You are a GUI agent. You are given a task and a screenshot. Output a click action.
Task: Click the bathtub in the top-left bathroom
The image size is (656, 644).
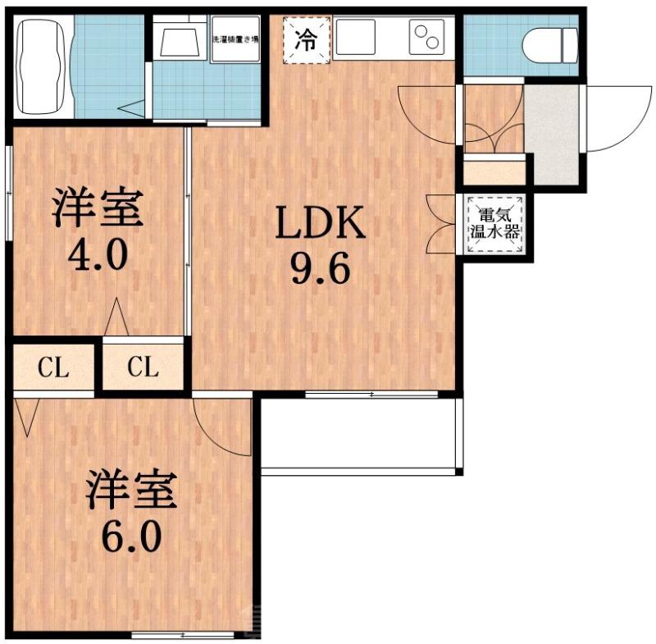click(42, 67)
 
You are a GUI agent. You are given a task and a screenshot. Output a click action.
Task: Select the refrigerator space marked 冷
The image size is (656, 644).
click(305, 39)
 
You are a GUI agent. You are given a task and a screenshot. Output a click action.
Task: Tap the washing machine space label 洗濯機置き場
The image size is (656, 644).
click(235, 38)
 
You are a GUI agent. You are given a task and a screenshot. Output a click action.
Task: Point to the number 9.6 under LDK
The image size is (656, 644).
click(320, 269)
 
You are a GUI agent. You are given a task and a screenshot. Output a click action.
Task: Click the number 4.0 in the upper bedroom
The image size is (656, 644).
click(97, 256)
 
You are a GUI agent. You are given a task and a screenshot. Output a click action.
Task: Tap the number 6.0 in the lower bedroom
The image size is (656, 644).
click(130, 539)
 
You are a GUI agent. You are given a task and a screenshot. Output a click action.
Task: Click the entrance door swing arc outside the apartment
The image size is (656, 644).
click(611, 123)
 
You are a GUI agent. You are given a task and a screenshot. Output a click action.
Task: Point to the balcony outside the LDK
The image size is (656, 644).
click(359, 434)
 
